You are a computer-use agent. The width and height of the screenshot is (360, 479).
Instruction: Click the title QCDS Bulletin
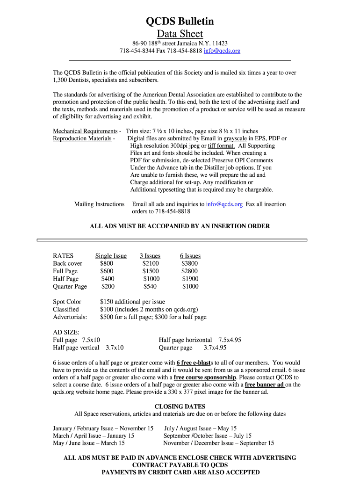180,21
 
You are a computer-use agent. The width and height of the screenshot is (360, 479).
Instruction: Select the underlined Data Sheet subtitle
180,34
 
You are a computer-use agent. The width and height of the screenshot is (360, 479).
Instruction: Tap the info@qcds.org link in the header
222,51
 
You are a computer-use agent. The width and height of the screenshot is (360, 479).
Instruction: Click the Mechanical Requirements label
85,131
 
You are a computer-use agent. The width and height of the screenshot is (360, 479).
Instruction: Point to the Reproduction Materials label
82,138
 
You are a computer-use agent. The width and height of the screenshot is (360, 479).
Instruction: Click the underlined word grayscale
235,138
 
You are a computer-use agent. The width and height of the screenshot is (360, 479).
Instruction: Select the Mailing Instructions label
99,204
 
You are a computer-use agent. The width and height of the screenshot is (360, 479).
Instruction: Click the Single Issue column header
111,256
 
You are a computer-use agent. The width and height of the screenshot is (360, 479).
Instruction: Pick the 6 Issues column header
190,256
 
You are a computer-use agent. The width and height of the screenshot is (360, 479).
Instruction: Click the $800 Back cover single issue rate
107,263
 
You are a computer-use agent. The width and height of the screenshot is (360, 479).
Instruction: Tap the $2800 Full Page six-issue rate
189,271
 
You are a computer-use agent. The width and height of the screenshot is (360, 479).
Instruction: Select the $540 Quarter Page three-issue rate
150,286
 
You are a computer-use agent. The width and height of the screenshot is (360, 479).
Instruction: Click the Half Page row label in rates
65,279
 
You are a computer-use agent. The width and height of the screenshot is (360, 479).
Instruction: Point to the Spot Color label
67,302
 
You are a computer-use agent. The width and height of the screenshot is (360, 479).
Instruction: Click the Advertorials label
70,317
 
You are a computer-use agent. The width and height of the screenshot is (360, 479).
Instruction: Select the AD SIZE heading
66,332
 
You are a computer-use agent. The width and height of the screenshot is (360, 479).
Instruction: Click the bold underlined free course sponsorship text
205,377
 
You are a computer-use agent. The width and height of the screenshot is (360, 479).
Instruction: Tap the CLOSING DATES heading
180,406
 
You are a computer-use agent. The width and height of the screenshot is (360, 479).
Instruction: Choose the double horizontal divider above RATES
172,240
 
